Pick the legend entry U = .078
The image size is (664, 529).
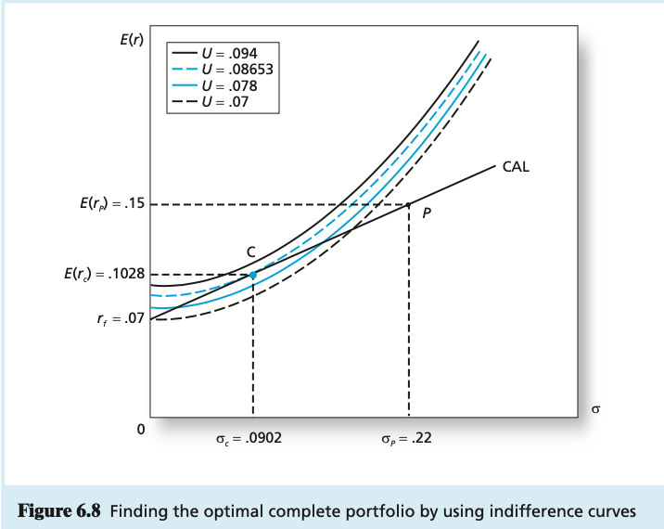[x=233, y=84]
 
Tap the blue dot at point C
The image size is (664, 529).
[x=253, y=275]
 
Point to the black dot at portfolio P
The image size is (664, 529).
[x=409, y=204]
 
